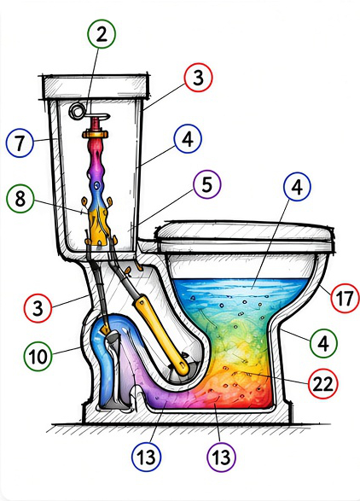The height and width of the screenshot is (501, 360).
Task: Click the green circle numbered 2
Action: pyautogui.click(x=102, y=34)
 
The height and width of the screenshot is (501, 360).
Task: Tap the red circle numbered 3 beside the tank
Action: pyautogui.click(x=198, y=78)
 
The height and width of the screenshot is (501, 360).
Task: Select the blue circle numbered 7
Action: pyautogui.click(x=20, y=143)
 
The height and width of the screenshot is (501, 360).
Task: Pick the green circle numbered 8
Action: pyautogui.click(x=20, y=199)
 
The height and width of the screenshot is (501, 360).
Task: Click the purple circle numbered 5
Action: pyautogui.click(x=207, y=184)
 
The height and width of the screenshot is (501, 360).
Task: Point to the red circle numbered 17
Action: pyautogui.click(x=345, y=298)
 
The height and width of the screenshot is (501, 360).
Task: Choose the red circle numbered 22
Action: pyautogui.click(x=322, y=384)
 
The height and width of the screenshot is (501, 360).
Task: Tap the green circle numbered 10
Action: pyautogui.click(x=38, y=356)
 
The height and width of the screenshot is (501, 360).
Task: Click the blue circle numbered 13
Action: pyautogui.click(x=146, y=457)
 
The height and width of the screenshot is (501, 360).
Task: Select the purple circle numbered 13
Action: pyautogui.click(x=221, y=457)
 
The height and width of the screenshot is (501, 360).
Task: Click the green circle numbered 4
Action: pyautogui.click(x=323, y=343)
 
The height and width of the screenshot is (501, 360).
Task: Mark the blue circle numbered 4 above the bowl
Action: pyautogui.click(x=297, y=187)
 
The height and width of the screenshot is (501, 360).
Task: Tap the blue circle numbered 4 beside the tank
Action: pyautogui.click(x=188, y=139)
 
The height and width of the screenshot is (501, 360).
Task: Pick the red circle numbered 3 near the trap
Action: pyautogui.click(x=38, y=308)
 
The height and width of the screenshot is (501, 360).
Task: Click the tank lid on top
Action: pyautogui.click(x=96, y=87)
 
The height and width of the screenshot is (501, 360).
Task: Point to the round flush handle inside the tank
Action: pyautogui.click(x=77, y=111)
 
